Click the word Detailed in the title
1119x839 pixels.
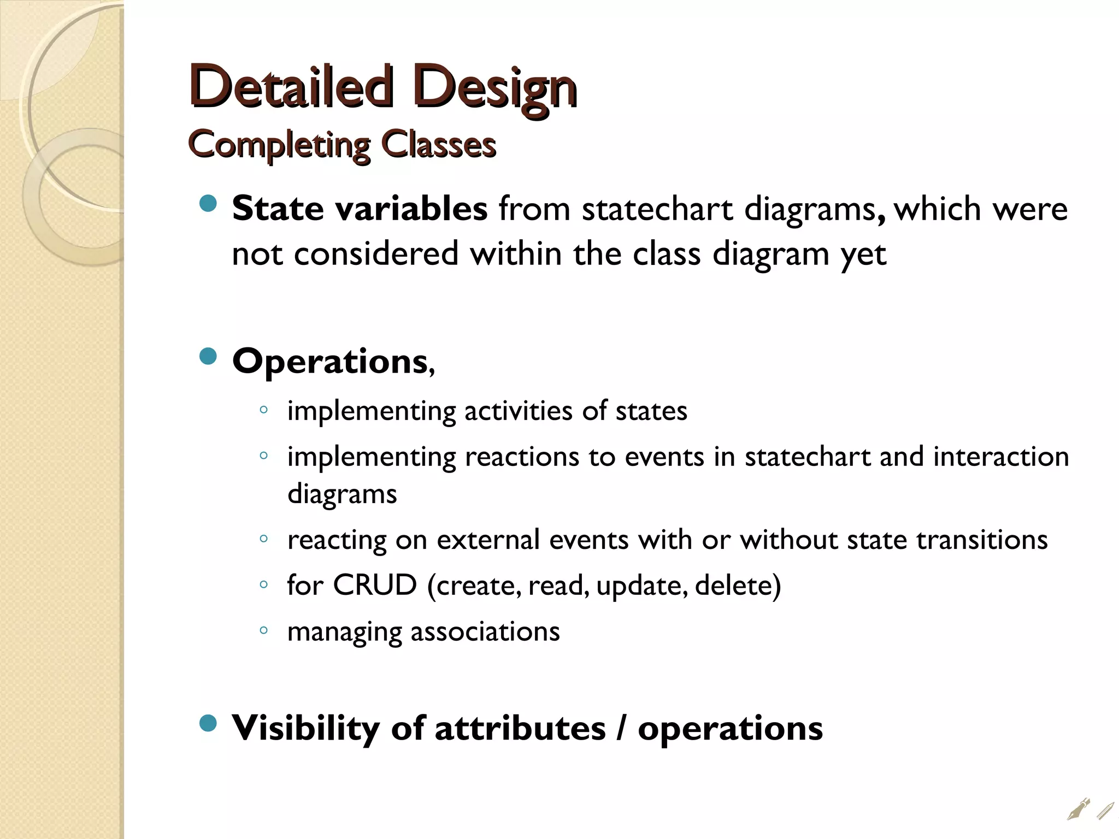pos(291,86)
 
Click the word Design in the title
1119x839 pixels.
pos(495,87)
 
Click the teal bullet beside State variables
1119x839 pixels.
pos(208,204)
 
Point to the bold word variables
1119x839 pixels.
pos(411,209)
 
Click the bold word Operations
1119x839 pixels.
pos(330,361)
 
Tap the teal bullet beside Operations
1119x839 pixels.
pos(208,357)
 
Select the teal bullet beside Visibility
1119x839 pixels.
pos(208,724)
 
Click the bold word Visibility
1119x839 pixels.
pos(305,728)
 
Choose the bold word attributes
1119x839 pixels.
pos(520,728)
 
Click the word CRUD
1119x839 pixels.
pos(375,585)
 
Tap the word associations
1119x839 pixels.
pos(485,631)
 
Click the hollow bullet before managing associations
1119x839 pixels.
pos(263,630)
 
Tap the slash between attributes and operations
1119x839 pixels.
pos(621,728)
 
